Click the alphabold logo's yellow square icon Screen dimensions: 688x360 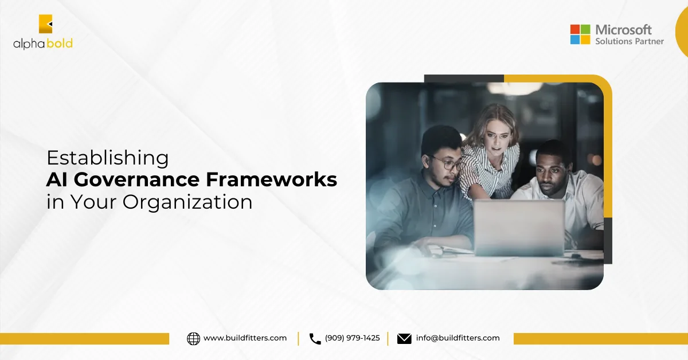(x=45, y=24)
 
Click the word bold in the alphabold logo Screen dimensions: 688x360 (x=60, y=44)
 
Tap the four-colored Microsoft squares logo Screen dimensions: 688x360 (x=580, y=34)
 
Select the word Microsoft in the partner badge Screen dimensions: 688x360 (x=623, y=30)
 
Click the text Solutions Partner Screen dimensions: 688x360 (x=630, y=41)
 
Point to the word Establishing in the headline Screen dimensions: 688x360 (x=108, y=158)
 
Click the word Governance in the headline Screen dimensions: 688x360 (x=136, y=179)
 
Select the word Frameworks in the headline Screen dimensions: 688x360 (x=272, y=179)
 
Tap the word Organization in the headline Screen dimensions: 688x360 (x=187, y=203)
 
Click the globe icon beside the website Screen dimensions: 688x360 (x=194, y=338)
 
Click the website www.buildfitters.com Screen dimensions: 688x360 (x=245, y=338)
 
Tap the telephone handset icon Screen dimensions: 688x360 (x=315, y=339)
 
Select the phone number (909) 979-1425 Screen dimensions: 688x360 (x=352, y=338)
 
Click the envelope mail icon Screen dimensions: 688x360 (x=404, y=339)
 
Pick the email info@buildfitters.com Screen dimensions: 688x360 (x=458, y=338)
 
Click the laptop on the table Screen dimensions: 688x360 (x=519, y=228)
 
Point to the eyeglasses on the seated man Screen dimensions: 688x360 (x=446, y=165)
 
